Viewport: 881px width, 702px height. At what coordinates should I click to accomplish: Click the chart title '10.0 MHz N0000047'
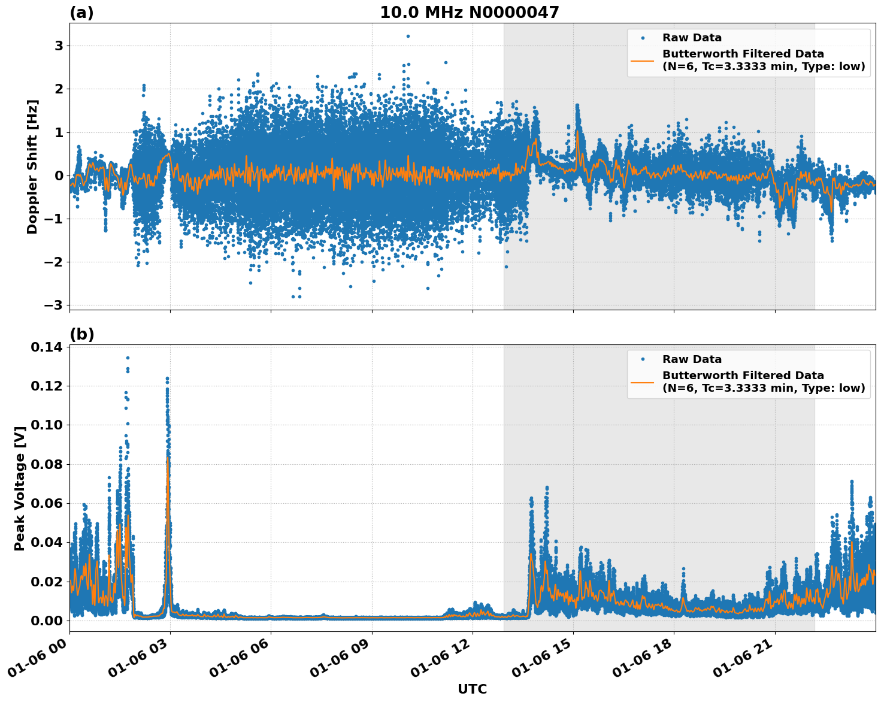(469, 13)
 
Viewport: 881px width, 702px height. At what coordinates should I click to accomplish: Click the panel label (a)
(81, 13)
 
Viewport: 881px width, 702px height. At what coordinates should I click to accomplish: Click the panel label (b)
(81, 334)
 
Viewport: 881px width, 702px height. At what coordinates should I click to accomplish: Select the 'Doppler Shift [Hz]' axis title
(32, 167)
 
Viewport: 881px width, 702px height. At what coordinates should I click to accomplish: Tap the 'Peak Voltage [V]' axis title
(20, 488)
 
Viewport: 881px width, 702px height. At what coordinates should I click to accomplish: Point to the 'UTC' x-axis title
(472, 689)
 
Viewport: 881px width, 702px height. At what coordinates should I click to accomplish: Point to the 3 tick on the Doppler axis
(59, 46)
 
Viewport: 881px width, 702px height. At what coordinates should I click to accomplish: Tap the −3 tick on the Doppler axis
(54, 305)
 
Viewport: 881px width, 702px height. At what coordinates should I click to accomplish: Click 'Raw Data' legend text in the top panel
(692, 38)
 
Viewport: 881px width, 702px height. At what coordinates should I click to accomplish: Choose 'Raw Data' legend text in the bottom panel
(692, 359)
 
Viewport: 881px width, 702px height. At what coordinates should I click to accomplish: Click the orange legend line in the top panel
(643, 60)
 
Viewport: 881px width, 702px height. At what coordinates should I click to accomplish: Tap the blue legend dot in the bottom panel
(643, 359)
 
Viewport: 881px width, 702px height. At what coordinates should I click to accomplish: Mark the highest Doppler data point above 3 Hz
(408, 36)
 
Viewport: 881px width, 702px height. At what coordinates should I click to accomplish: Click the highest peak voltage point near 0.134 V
(128, 358)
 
